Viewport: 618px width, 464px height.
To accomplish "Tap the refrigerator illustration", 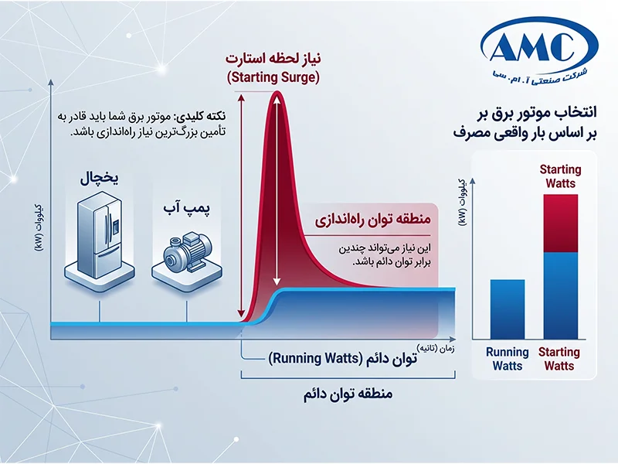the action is tap(100, 241).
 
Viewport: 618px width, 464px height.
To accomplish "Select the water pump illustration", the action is tap(186, 258).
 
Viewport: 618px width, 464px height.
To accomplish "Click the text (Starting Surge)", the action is tap(273, 77).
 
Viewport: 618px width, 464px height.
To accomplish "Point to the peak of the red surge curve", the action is tap(277, 92).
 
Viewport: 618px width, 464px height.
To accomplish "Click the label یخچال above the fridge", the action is tap(100, 179).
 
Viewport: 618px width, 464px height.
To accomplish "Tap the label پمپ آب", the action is tap(187, 208).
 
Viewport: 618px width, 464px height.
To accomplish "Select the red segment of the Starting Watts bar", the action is tap(561, 223).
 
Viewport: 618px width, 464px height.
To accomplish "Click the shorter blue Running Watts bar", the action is tap(508, 309).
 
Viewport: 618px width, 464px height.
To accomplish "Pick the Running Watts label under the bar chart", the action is tap(508, 359).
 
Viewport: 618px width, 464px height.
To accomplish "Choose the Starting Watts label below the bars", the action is tap(559, 359).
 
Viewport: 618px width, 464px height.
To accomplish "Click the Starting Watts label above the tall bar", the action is tap(561, 176).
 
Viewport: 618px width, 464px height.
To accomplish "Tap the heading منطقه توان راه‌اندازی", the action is tap(372, 220).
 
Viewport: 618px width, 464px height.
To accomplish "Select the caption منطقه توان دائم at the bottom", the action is tap(348, 394).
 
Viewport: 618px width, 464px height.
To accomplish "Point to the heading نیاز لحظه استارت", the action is tap(273, 59).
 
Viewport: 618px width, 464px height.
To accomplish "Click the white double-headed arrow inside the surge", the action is tap(277, 191).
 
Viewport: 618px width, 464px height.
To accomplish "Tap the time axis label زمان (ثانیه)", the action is tap(436, 350).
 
